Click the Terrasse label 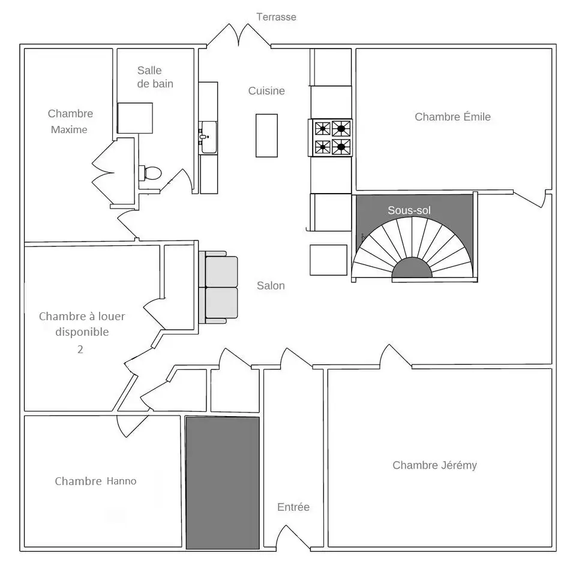276,17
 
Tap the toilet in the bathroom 150,173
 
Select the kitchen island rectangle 266,136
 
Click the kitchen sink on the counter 208,137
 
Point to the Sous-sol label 409,210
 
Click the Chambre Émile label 452,117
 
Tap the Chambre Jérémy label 434,465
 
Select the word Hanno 122,481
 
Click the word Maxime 69,130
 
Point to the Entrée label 293,507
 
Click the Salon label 271,285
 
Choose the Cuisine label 266,91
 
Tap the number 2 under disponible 80,349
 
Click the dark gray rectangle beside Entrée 223,483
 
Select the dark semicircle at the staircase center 412,267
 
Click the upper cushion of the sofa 221,272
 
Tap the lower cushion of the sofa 221,303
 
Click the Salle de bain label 155,77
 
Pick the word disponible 82,332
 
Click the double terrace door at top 239,35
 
